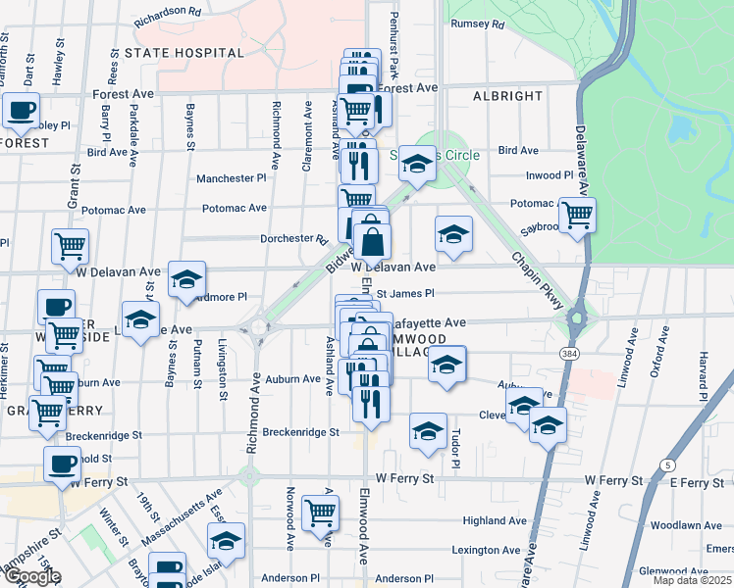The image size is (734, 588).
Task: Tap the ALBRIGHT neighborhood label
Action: coord(507,96)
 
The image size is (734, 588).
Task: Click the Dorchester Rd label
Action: coord(293,238)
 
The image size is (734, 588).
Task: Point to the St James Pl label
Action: coord(404,292)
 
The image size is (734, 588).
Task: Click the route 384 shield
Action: coord(568,351)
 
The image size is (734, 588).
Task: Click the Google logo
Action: coord(32,575)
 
